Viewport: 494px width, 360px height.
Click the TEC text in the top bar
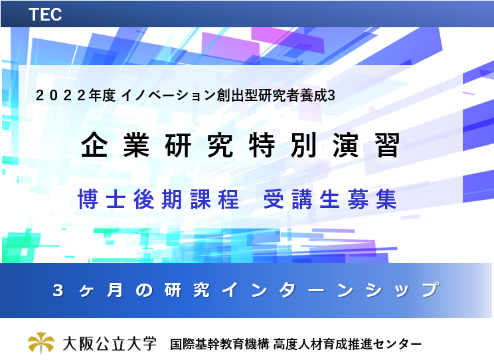(45, 15)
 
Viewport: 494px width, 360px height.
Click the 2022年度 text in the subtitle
(76, 95)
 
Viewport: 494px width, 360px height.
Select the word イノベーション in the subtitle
(168, 95)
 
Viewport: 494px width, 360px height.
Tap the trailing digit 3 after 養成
(331, 96)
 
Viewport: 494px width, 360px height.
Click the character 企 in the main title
(94, 145)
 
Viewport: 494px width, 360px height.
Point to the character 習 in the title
(388, 145)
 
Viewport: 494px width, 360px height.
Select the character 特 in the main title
(262, 145)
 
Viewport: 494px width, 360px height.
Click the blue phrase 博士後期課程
(158, 199)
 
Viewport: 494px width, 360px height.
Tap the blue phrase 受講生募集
(330, 199)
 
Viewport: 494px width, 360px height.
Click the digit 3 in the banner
(58, 290)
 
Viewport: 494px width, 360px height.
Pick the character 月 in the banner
(115, 290)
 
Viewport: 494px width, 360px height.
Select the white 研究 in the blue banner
(187, 290)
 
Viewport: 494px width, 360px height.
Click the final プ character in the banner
(431, 290)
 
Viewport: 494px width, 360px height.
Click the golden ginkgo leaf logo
(41, 343)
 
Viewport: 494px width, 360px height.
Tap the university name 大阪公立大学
(110, 343)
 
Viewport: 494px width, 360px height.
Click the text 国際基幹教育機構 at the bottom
(220, 344)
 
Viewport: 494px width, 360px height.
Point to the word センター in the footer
(398, 344)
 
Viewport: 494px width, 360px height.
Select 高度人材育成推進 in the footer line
(323, 344)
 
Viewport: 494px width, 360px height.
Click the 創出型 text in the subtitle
(237, 95)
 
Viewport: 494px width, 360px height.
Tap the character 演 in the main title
(346, 145)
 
